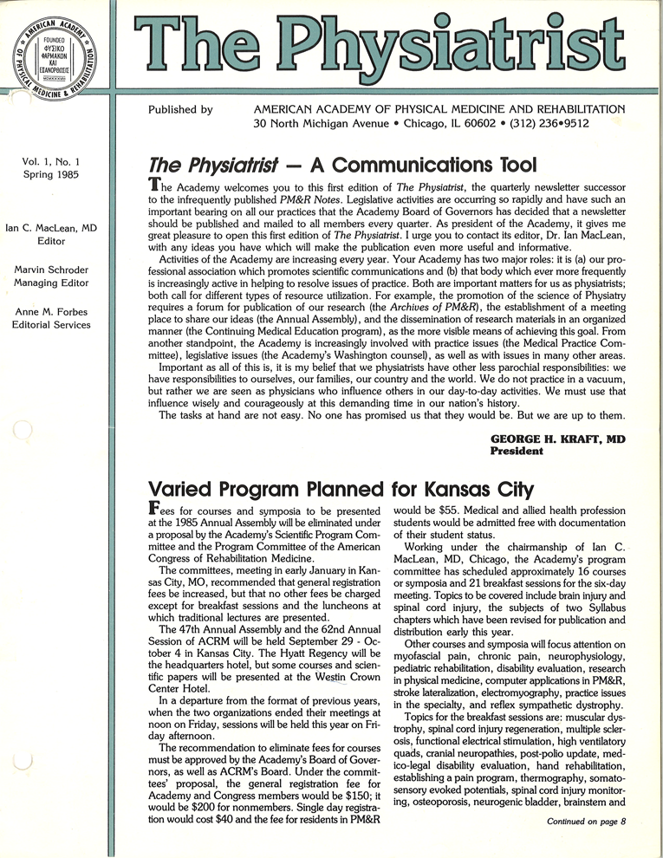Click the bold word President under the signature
coord(517,452)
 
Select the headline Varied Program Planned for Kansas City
coord(341,487)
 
